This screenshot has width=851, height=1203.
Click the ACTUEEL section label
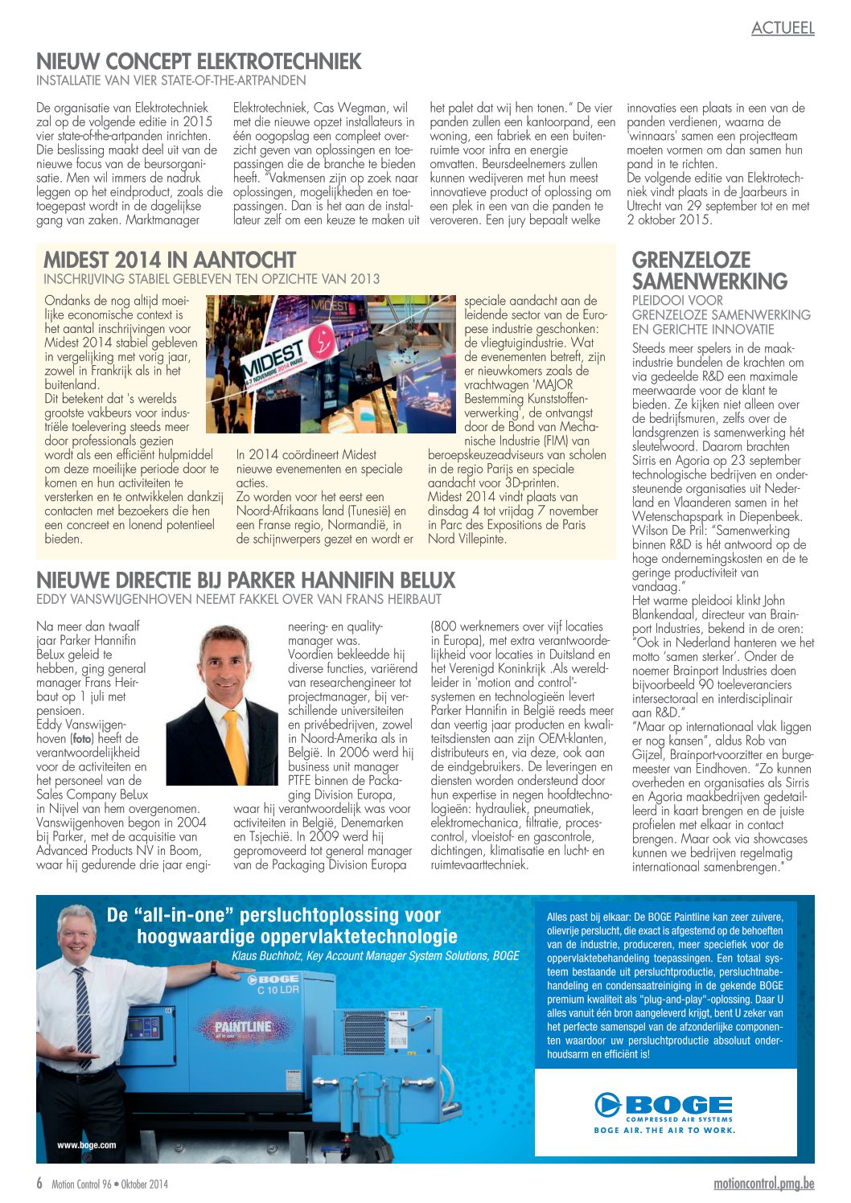click(x=783, y=28)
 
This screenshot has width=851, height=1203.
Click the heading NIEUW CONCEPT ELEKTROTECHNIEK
click(x=199, y=62)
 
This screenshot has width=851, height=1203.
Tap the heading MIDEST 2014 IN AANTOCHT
click(x=170, y=260)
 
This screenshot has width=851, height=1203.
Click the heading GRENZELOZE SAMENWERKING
click(x=709, y=271)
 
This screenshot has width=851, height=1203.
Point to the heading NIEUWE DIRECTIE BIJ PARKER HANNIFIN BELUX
click(x=245, y=580)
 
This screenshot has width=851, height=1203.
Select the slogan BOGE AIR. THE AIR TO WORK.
click(x=664, y=1130)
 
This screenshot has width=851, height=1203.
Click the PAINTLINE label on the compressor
click(x=242, y=1027)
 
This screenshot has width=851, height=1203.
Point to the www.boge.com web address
click(x=86, y=1144)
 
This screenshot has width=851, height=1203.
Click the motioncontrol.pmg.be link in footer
click(x=763, y=1184)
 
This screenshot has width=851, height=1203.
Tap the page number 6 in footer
click(x=39, y=1184)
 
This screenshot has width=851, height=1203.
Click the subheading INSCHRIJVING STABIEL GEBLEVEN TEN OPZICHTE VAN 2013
click(x=211, y=279)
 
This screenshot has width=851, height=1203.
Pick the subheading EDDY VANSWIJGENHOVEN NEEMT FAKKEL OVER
click(x=238, y=599)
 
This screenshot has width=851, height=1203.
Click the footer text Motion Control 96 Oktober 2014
click(x=110, y=1185)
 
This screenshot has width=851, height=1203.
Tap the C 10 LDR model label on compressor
click(x=277, y=990)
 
